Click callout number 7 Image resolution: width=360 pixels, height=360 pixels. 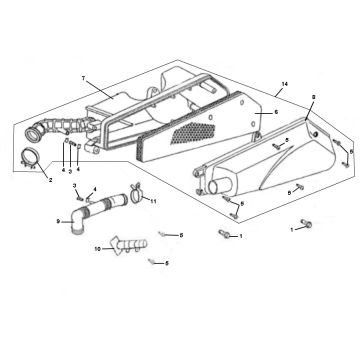click(83, 77)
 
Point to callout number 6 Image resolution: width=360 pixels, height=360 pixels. click(277, 114)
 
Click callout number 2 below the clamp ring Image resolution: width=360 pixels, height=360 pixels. click(23, 179)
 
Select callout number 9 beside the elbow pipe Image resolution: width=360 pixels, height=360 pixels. click(58, 221)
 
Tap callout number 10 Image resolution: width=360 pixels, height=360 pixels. click(97, 251)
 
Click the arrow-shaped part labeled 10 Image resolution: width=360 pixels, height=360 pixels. click(123, 244)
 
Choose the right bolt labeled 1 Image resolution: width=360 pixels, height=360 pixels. click(305, 226)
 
